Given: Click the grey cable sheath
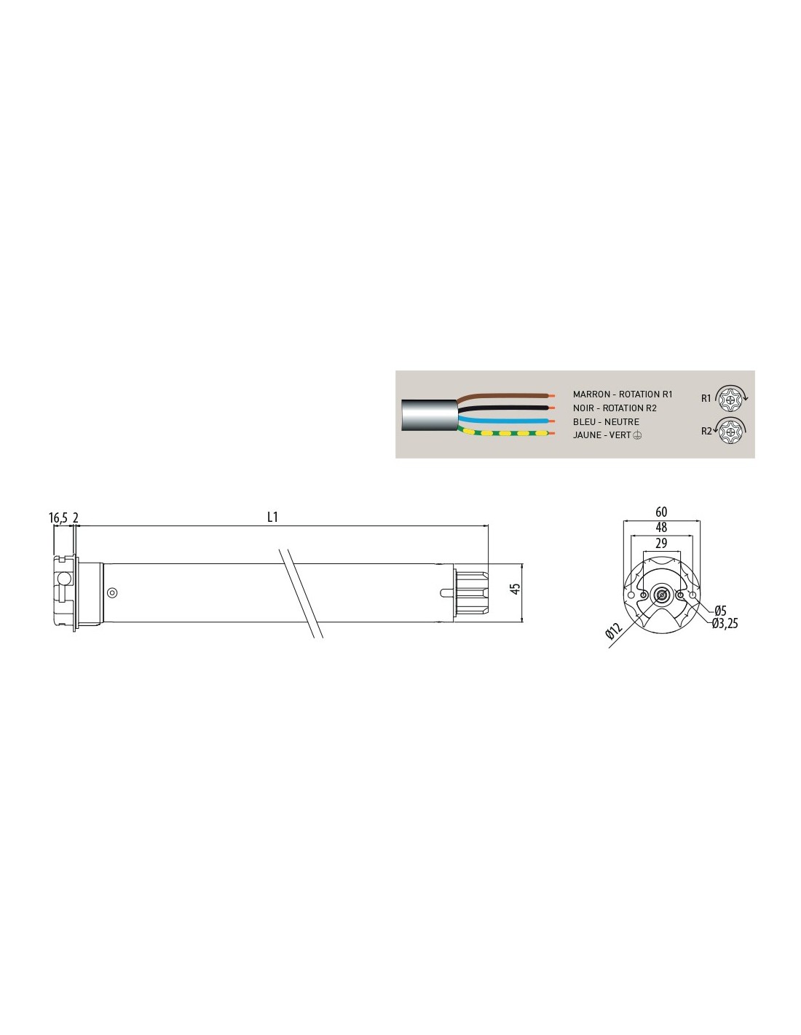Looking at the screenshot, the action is click(x=430, y=415).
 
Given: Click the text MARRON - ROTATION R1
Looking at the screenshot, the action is click(x=623, y=394).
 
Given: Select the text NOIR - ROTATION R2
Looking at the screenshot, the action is click(x=615, y=408).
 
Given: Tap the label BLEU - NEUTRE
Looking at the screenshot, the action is click(x=606, y=422).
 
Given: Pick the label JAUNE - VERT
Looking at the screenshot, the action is click(x=601, y=435).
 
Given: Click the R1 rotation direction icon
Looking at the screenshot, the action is click(x=731, y=397).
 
